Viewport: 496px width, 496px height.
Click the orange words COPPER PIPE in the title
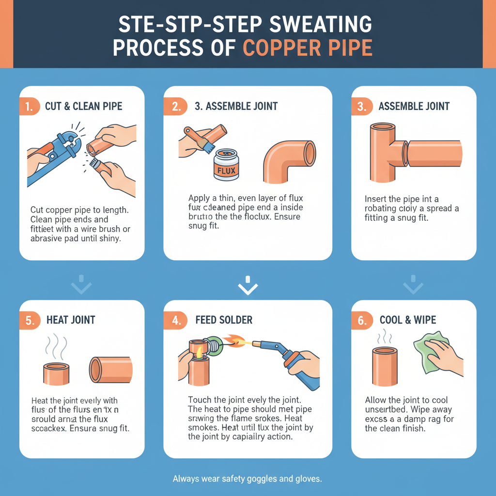pyautogui.click(x=307, y=48)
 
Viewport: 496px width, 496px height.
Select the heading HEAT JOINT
pyautogui.click(x=71, y=320)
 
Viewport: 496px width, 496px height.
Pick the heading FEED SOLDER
pyautogui.click(x=224, y=320)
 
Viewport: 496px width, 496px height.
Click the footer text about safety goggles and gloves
pyautogui.click(x=248, y=479)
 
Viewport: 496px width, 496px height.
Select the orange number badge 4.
pyautogui.click(x=174, y=320)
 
